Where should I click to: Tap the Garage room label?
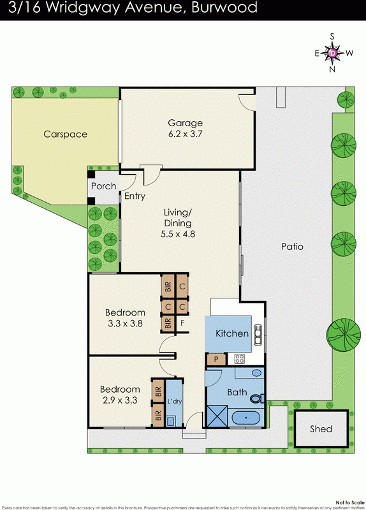pyautogui.click(x=185, y=123)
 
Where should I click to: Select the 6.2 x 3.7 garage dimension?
pyautogui.click(x=185, y=135)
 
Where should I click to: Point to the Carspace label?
pyautogui.click(x=65, y=135)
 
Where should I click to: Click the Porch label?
pyautogui.click(x=104, y=186)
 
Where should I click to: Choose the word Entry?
pyautogui.click(x=135, y=196)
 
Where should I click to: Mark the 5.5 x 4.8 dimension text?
pyautogui.click(x=177, y=234)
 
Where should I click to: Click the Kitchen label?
pyautogui.click(x=231, y=333)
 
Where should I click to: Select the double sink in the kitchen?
pyautogui.click(x=258, y=333)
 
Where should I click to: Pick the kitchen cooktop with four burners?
pyautogui.click(x=240, y=358)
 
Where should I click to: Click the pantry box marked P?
pyautogui.click(x=215, y=359)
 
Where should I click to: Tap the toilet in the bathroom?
pyautogui.click(x=256, y=399)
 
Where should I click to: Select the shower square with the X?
pyautogui.click(x=218, y=418)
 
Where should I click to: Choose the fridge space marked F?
pyautogui.click(x=182, y=323)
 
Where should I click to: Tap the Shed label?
pyautogui.click(x=321, y=428)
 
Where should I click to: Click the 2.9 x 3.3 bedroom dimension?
pyautogui.click(x=119, y=401)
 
